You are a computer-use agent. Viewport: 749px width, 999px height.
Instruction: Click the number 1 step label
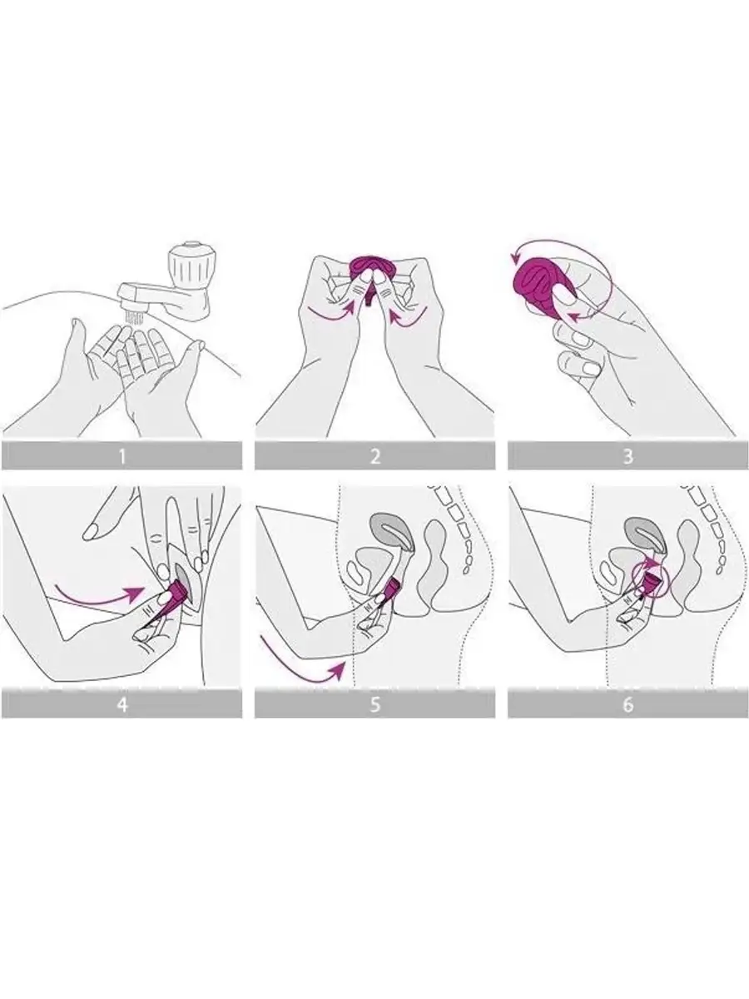(x=122, y=456)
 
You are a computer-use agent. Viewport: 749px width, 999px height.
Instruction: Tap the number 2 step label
(x=374, y=456)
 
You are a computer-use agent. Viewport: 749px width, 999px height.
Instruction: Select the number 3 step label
(x=628, y=456)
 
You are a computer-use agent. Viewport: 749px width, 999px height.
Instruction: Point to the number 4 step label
(x=122, y=704)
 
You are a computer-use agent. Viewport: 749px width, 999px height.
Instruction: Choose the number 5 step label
(x=374, y=704)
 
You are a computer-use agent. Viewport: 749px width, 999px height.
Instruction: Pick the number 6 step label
(x=628, y=704)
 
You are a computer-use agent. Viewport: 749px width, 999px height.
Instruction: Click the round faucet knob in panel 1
(x=189, y=262)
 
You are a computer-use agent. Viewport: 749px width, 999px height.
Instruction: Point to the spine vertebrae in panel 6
(x=707, y=528)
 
